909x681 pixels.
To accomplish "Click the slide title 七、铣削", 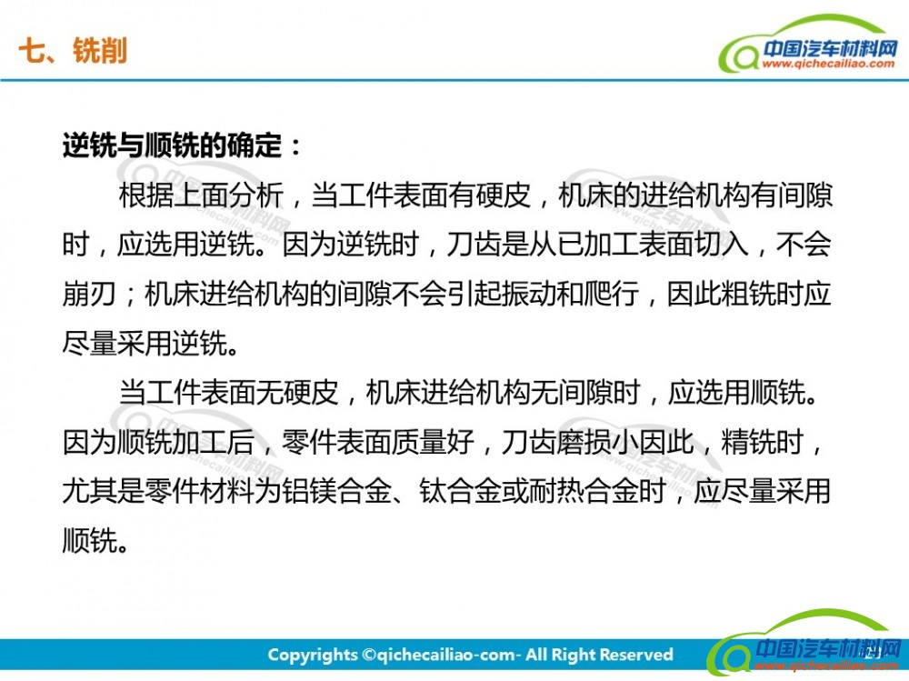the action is point(73,51).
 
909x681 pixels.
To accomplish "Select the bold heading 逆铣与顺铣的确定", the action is point(172,145).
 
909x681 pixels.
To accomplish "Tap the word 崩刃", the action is point(89,294).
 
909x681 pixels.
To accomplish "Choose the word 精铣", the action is point(747,442).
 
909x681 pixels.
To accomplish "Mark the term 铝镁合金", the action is point(335,491).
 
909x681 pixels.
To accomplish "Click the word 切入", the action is point(720,245).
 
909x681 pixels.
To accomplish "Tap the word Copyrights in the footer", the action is point(313,656).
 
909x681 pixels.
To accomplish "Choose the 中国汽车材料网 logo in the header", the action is point(807,45).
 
